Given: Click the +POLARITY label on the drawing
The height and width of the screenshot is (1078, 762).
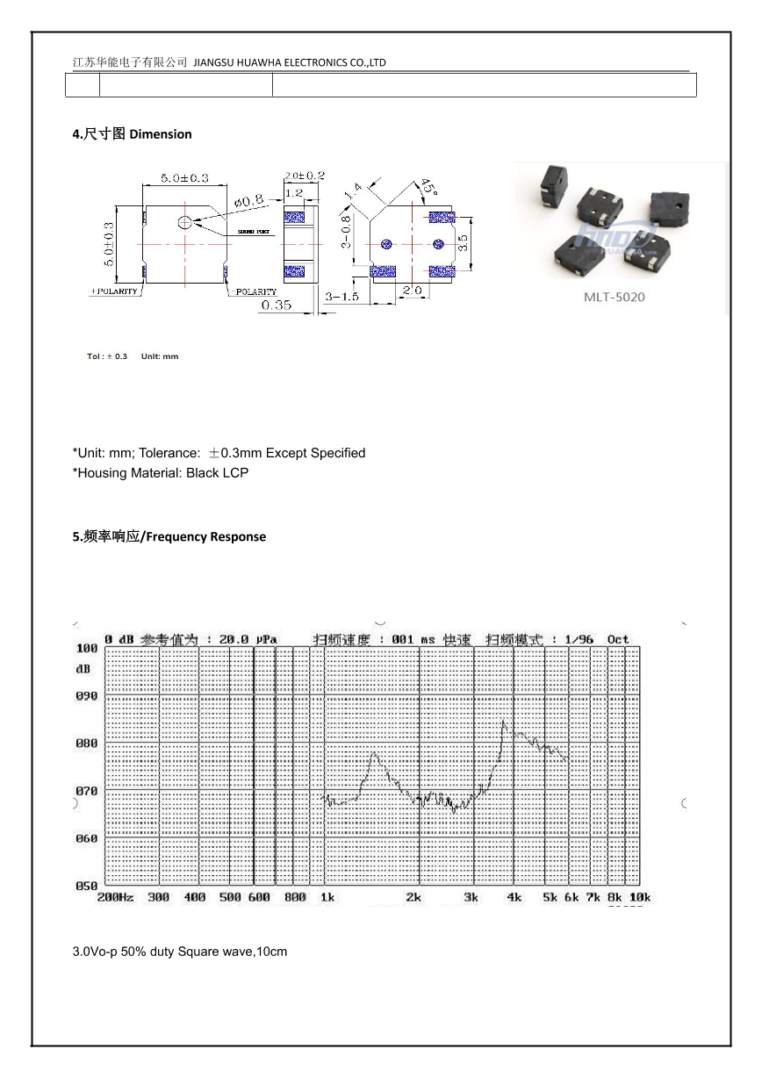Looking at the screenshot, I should (x=114, y=291).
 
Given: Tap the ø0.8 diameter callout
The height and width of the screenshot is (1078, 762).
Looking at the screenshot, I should (x=248, y=200).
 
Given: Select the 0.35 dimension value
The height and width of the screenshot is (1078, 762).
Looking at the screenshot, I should (x=276, y=305).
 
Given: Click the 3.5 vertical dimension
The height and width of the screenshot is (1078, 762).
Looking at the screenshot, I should (x=464, y=238).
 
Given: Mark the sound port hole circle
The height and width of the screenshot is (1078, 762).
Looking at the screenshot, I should (x=184, y=223).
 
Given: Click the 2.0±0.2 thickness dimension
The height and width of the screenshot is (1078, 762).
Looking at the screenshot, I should (x=305, y=176).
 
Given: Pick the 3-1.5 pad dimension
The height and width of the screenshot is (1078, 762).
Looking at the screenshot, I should (x=341, y=297).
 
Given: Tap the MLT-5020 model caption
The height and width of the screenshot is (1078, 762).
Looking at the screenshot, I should (x=614, y=297).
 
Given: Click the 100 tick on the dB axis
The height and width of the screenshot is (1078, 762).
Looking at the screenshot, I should (x=86, y=648).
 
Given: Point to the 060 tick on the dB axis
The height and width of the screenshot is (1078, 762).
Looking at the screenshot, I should (x=86, y=838).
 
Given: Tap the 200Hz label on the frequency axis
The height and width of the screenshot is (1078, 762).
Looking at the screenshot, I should (x=114, y=897).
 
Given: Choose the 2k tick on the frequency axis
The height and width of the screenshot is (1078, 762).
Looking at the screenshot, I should (x=413, y=897).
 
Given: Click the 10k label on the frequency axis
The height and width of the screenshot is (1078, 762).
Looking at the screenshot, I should (x=640, y=897).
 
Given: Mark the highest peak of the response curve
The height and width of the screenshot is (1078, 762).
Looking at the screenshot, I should (x=503, y=722).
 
